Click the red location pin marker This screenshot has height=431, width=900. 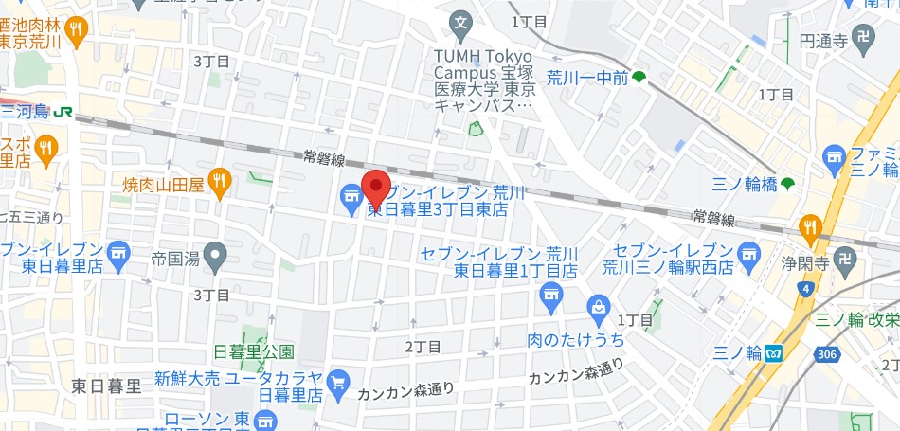(x=377, y=188)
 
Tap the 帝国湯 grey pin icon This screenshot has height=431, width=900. (x=217, y=254)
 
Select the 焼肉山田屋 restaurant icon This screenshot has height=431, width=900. (x=220, y=181)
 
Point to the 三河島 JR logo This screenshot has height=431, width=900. (x=63, y=111)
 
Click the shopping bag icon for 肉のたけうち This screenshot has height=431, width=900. (x=599, y=306)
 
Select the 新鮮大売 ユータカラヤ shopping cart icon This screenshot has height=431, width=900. (x=338, y=384)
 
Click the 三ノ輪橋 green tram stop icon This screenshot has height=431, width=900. (x=787, y=183)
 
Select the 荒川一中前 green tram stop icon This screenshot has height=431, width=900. (x=639, y=78)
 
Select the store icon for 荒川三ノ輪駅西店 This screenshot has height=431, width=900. (x=750, y=254)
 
